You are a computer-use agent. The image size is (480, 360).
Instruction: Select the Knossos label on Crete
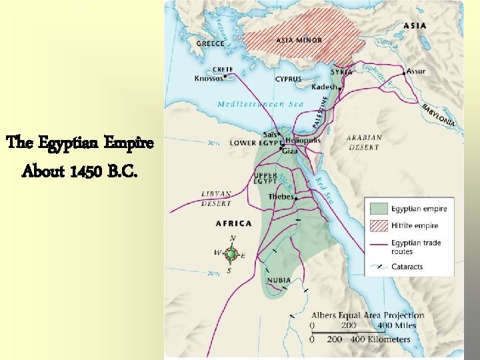209,78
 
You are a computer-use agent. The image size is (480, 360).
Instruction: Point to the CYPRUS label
288,79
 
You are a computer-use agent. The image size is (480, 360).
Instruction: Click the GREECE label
210,43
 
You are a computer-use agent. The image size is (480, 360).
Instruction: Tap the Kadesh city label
325,87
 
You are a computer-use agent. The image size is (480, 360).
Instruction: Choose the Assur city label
415,70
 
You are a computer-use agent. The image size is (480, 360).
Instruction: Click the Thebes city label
281,197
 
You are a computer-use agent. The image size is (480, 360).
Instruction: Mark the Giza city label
290,151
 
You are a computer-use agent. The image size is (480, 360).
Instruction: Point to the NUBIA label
279,280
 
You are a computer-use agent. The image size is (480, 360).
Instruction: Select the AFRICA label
233,223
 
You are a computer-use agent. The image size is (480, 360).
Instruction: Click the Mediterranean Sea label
260,104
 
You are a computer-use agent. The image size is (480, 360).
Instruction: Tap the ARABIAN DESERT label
363,142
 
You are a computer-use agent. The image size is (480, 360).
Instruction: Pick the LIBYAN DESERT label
217,198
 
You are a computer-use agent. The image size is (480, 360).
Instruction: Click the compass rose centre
231,254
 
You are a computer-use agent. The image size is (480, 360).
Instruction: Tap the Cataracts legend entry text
407,267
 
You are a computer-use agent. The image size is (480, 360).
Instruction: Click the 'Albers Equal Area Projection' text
367,315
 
